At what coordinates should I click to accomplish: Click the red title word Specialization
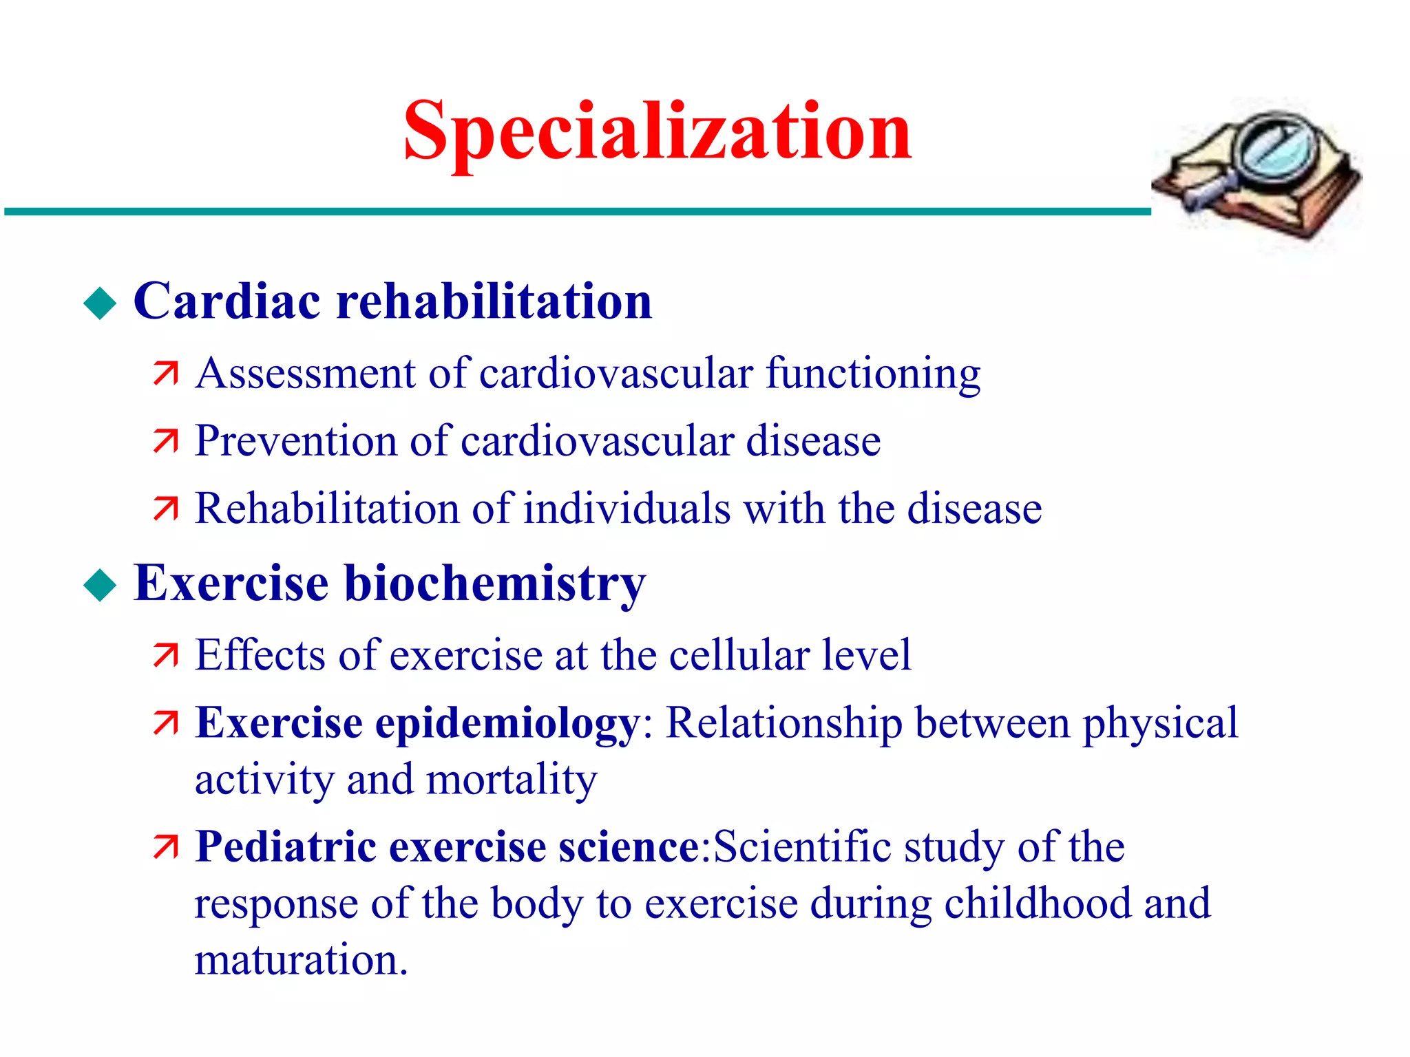coord(657,132)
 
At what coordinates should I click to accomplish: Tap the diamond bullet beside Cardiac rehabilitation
coord(101,303)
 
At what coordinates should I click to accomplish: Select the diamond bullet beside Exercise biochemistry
coord(101,586)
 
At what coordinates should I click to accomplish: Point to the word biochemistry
coord(494,584)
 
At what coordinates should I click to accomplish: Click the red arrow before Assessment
coord(166,374)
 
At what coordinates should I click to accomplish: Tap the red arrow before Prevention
coord(166,441)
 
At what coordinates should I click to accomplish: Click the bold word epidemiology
coord(508,724)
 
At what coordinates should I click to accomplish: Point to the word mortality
coord(512,780)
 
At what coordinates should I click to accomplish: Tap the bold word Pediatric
coord(286,846)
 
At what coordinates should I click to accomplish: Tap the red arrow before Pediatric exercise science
coord(166,847)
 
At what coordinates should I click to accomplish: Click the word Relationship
coord(784,724)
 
